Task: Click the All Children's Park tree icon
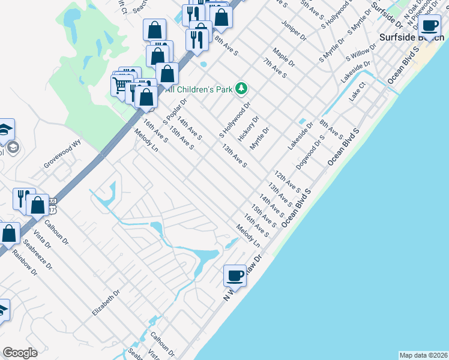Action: point(241,89)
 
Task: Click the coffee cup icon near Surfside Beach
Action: point(429,26)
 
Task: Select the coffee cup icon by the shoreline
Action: point(235,275)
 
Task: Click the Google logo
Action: point(20,353)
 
